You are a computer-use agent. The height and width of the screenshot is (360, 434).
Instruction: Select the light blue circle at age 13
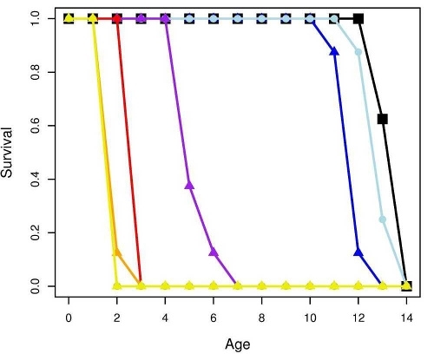tap(382, 219)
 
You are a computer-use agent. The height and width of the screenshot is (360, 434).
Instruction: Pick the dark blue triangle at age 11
tap(334, 51)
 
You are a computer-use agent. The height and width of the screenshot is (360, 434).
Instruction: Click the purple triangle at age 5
tap(189, 185)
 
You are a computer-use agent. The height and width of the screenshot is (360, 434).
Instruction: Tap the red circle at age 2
tap(117, 18)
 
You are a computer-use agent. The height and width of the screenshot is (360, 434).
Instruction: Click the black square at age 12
tap(358, 18)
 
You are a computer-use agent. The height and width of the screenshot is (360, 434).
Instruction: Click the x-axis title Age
tap(237, 344)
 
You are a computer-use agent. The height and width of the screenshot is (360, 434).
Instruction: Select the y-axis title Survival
tap(10, 153)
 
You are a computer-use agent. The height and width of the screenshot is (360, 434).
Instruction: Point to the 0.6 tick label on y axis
tap(35, 126)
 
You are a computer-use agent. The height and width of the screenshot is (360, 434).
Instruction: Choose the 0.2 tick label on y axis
tap(35, 232)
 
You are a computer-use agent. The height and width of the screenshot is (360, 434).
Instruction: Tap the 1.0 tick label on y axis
tap(35, 18)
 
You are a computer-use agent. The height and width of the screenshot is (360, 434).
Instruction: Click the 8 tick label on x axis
tap(261, 317)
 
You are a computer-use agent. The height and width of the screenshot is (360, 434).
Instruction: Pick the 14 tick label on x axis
tap(406, 317)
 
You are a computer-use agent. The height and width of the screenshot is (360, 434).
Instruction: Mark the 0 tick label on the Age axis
tap(69, 317)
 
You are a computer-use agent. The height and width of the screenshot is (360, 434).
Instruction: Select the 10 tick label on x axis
tap(310, 317)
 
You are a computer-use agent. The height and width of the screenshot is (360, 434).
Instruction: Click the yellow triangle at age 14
tap(406, 285)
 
